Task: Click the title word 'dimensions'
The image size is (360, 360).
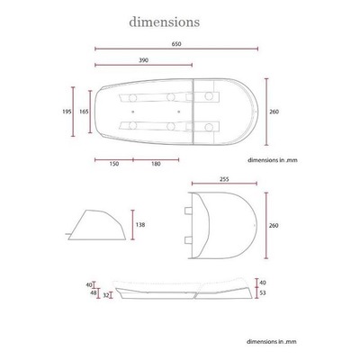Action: [164, 22]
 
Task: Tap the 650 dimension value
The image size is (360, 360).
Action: [176, 44]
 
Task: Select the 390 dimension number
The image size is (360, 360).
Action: [143, 60]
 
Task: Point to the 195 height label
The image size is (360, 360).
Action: [67, 112]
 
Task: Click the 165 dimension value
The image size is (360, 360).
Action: [84, 112]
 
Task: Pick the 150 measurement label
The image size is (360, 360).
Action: [114, 164]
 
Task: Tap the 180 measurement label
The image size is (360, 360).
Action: [156, 164]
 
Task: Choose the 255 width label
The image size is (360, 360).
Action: [224, 179]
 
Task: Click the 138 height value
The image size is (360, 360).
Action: [140, 224]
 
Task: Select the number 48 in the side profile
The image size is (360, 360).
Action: [93, 292]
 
